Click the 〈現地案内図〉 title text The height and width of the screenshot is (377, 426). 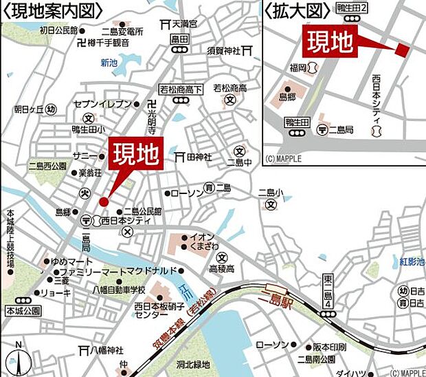click(52, 10)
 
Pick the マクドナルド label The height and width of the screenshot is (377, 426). click(155, 270)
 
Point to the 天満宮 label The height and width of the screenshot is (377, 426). click(183, 23)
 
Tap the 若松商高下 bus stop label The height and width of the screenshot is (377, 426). click(181, 88)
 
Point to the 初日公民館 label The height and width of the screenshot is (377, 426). click(58, 30)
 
